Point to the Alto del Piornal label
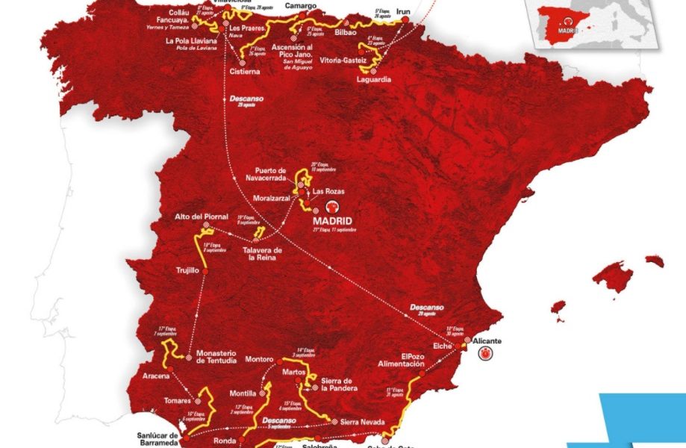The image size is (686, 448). tap(202, 217)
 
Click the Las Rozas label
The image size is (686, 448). tap(328, 191)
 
